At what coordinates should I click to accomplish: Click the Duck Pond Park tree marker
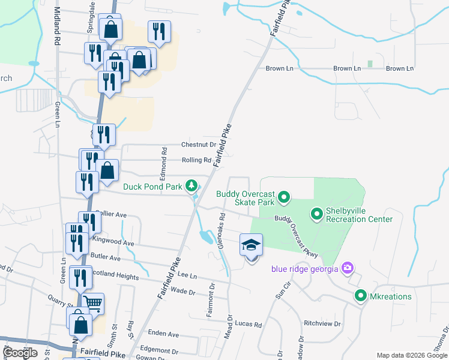pos(191,185)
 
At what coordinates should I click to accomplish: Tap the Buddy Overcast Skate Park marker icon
pos(285,196)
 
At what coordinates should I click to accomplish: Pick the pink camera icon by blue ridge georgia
pos(346,267)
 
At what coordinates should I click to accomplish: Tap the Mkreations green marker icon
pos(360,296)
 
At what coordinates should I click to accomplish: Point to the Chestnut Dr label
pos(199,145)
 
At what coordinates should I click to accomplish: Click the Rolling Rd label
pos(196,160)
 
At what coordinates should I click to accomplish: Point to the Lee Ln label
pos(188,276)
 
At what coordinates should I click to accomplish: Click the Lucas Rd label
pos(249,325)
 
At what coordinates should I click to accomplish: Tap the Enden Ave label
pos(163,334)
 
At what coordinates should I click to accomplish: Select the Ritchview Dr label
pos(322,323)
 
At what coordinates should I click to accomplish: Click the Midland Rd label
pos(58,36)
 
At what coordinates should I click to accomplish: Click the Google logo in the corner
pos(20,353)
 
